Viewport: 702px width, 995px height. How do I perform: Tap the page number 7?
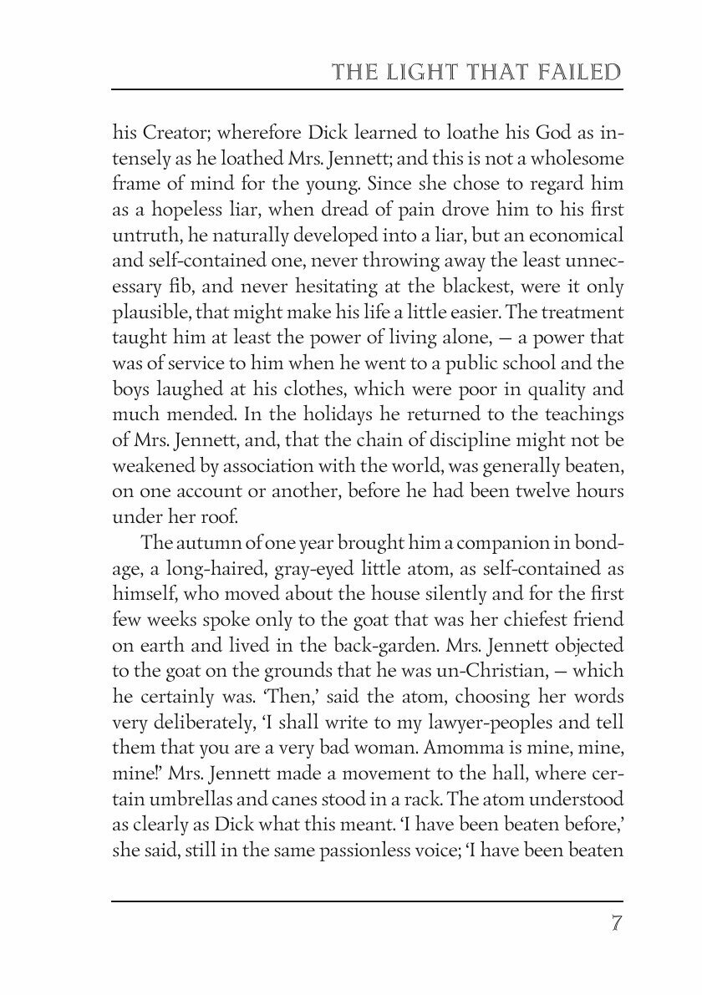click(x=615, y=925)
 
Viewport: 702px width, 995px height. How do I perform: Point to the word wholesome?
click(x=577, y=158)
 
